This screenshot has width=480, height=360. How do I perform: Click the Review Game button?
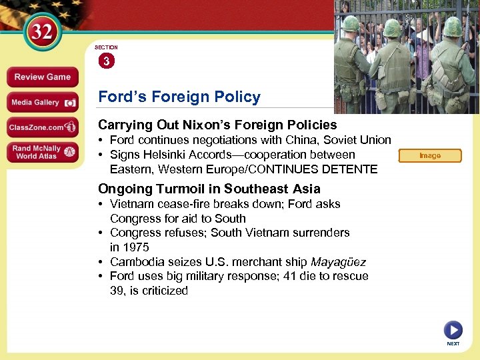point(43,77)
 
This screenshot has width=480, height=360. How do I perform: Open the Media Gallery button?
point(43,103)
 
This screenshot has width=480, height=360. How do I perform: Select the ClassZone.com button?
point(43,127)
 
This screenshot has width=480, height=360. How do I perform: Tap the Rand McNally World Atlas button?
point(43,152)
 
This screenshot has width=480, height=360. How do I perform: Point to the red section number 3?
point(106,61)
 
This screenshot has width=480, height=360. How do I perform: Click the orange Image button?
point(429,156)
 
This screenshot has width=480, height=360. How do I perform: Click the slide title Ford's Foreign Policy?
point(179,97)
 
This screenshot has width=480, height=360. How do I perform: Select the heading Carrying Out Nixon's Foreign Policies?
point(217,125)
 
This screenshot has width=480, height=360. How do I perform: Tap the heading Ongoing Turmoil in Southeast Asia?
point(209,189)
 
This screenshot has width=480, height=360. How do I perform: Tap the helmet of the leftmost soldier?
point(350,24)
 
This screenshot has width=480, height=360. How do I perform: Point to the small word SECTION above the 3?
point(106,47)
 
